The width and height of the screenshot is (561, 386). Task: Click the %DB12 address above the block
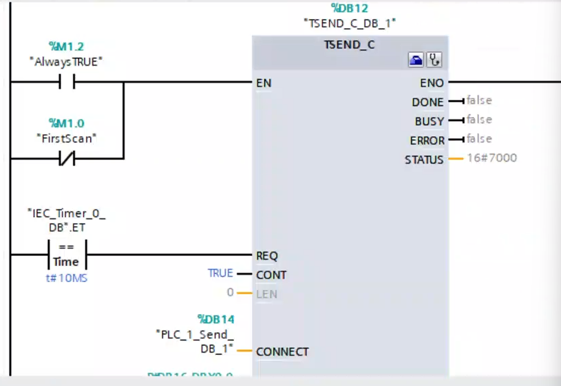[x=349, y=9]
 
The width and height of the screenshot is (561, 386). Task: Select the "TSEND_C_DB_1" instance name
[x=350, y=23]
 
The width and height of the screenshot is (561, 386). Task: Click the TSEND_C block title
[x=350, y=45]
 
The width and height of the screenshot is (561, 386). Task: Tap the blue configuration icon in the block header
[x=416, y=60]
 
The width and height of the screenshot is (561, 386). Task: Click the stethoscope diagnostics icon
[x=434, y=60]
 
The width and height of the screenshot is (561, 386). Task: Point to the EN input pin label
[x=264, y=84]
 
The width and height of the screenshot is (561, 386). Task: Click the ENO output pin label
[x=432, y=83]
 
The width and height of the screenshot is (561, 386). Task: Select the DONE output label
[x=427, y=102]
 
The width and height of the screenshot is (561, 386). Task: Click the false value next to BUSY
[x=479, y=120]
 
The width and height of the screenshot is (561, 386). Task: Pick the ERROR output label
[x=427, y=141]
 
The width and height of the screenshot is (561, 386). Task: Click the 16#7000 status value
[x=492, y=158]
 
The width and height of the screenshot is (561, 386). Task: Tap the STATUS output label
[x=424, y=160]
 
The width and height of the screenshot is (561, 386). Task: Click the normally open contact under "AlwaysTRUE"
[x=67, y=82]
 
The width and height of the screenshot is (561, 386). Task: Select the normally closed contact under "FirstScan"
[x=67, y=159]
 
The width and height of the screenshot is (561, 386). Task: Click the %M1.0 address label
[x=67, y=123]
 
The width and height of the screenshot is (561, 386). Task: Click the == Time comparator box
[x=67, y=255]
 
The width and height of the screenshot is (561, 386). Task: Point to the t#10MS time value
[x=67, y=278]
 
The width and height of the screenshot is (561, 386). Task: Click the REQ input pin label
[x=267, y=256]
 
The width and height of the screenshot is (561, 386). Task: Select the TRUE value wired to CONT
[x=220, y=273]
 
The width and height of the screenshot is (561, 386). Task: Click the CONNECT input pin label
[x=282, y=351]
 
